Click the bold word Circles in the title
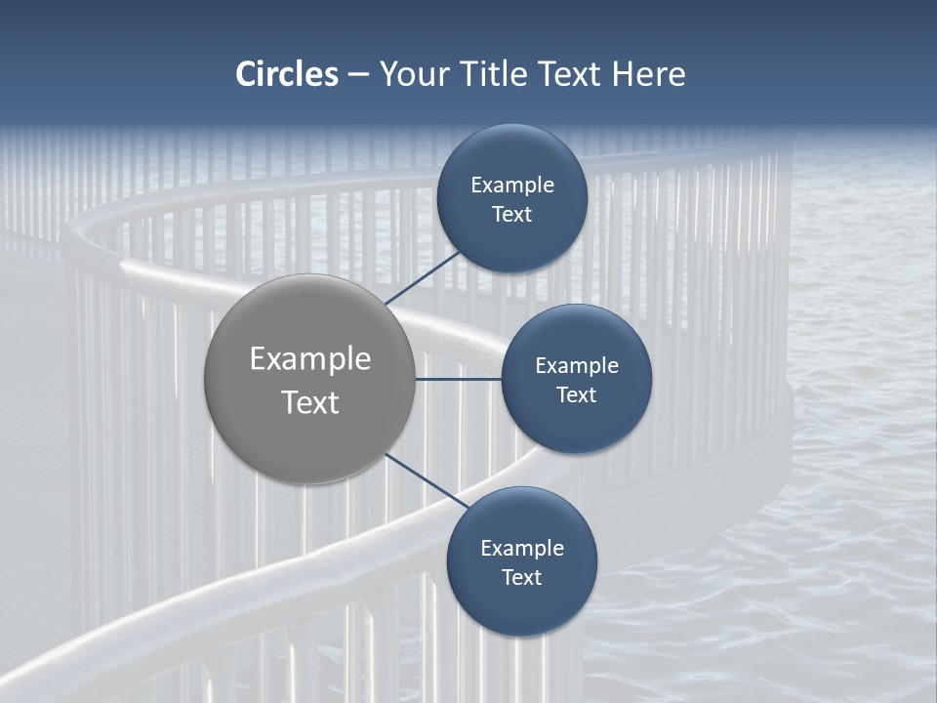[x=287, y=74]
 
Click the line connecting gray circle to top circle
[x=426, y=276]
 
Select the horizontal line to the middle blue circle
[x=458, y=379]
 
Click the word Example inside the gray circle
[x=310, y=359]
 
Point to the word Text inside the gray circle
[x=310, y=402]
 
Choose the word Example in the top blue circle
[x=512, y=186]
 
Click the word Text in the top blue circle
[x=511, y=215]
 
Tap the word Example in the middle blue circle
[x=577, y=366]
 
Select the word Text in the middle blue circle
[x=576, y=395]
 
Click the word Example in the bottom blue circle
[x=522, y=549]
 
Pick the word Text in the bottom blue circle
[x=521, y=578]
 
